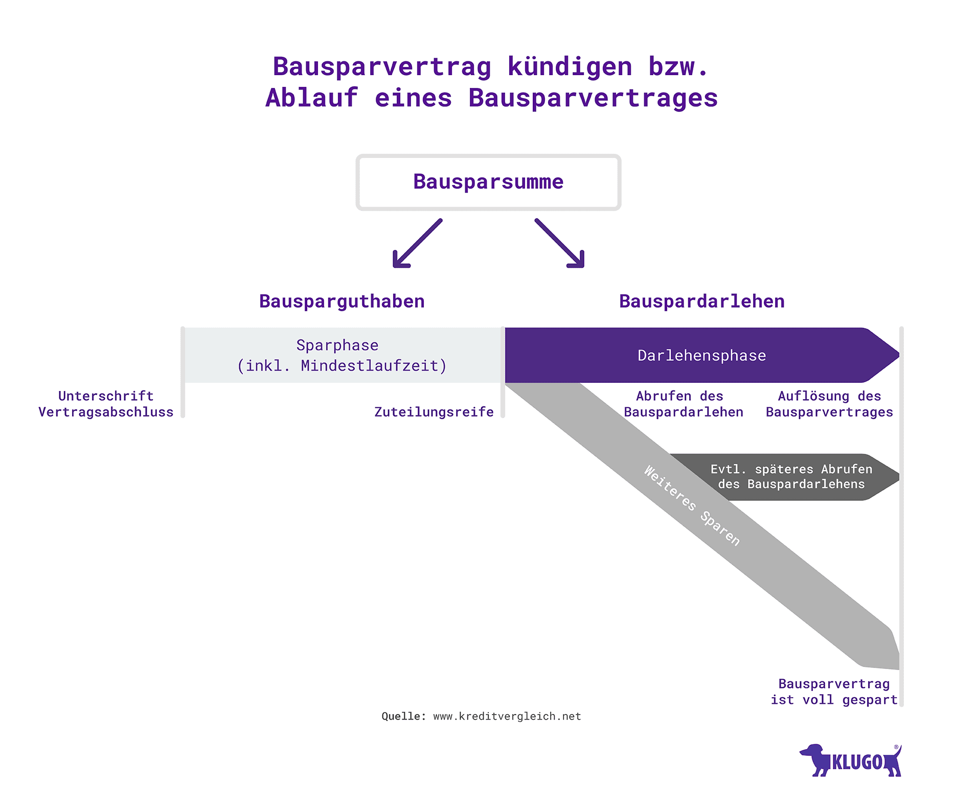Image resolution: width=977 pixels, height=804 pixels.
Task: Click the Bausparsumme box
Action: point(488,182)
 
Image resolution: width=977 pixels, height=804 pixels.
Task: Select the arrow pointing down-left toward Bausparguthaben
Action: point(416,244)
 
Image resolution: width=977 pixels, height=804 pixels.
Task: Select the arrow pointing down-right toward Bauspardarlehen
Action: point(560,244)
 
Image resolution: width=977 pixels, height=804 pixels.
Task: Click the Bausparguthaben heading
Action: point(342,302)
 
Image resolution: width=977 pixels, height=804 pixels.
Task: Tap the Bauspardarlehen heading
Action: point(701,302)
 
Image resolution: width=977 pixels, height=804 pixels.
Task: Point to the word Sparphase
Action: point(337,346)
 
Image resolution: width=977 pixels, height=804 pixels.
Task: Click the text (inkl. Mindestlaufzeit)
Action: point(342,366)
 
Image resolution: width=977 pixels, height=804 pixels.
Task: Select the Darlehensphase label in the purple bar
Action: point(701,356)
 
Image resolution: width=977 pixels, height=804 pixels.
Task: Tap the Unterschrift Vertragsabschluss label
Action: point(106,404)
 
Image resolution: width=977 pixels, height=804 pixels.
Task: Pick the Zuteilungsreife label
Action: point(434,412)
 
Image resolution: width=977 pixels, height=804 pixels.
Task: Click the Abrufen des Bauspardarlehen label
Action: point(683,404)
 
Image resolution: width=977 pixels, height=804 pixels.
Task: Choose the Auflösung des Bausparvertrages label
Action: point(829,404)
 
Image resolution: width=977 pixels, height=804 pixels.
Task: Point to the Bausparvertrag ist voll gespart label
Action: point(834,692)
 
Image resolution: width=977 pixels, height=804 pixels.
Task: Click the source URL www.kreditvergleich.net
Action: point(507,717)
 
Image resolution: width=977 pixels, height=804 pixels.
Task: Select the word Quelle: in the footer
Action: point(403,717)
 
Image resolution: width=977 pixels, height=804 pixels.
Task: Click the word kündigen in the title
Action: point(570,67)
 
